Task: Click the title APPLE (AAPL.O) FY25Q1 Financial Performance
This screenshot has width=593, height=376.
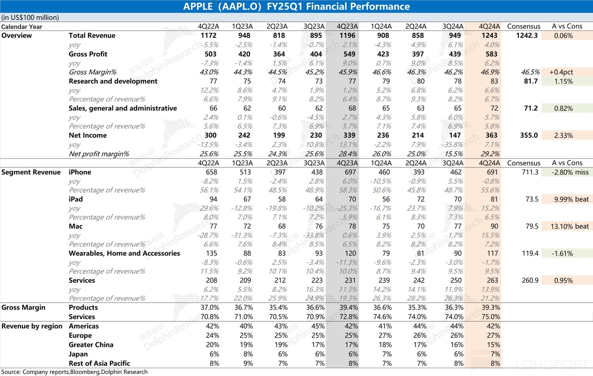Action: (296, 7)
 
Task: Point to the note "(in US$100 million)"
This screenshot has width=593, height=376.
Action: (30, 17)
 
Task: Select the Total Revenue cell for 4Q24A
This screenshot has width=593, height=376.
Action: (489, 35)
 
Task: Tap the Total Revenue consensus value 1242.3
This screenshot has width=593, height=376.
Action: (527, 35)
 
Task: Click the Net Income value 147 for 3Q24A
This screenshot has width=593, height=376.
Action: (455, 135)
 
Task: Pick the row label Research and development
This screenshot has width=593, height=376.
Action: (113, 81)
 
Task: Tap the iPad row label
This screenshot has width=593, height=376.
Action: (76, 199)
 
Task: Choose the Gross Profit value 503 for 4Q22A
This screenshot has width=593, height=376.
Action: (210, 54)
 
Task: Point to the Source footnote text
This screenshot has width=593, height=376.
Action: (74, 372)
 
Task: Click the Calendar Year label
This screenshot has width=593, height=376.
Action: (22, 27)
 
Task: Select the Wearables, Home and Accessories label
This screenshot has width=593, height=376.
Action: (124, 253)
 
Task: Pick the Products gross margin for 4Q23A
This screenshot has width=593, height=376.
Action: (348, 308)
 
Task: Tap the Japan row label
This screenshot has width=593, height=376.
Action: (78, 354)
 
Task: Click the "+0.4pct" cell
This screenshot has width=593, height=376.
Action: (561, 72)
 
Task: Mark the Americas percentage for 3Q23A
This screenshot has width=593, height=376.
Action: (318, 326)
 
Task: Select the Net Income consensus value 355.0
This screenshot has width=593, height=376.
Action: (529, 135)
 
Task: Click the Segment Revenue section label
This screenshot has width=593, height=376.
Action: (31, 172)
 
